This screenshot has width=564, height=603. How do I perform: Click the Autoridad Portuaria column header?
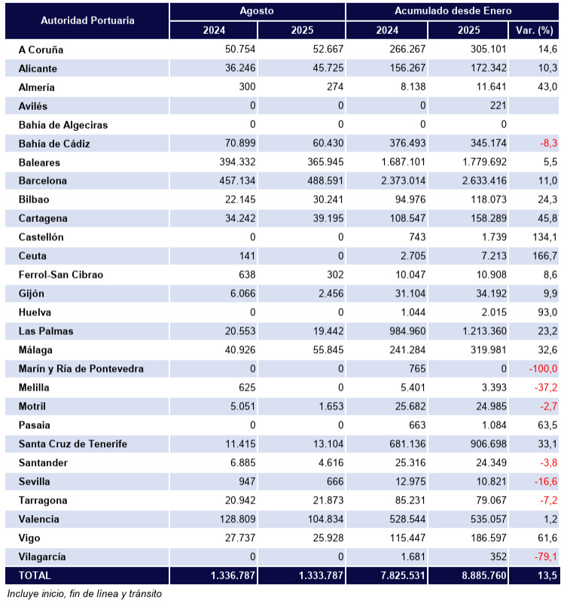pyautogui.click(x=87, y=20)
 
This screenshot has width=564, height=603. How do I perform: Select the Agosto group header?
pyautogui.click(x=257, y=11)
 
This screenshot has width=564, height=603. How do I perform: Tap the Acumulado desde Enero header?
pyautogui.click(x=453, y=11)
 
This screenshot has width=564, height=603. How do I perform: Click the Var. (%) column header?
pyautogui.click(x=534, y=30)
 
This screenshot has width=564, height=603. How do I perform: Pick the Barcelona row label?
pyautogui.click(x=43, y=181)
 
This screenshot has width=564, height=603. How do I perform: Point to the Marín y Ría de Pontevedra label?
pyautogui.click(x=81, y=369)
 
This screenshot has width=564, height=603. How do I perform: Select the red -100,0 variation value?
pyautogui.click(x=542, y=369)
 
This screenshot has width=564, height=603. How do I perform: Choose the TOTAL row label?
pyautogui.click(x=35, y=576)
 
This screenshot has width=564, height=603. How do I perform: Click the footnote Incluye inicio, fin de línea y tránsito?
pyautogui.click(x=84, y=593)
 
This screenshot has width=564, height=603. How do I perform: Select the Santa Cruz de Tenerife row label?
pyautogui.click(x=72, y=444)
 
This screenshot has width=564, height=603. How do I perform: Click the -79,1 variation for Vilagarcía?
pyautogui.click(x=544, y=557)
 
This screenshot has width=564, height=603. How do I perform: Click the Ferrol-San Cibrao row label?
pyautogui.click(x=61, y=275)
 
